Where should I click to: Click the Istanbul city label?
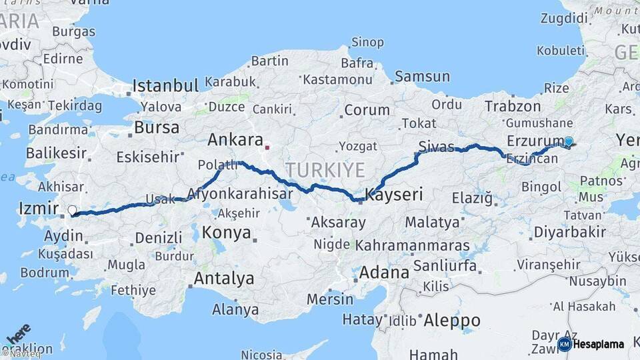pyautogui.click(x=165, y=85)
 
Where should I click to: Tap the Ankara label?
pyautogui.click(x=235, y=139)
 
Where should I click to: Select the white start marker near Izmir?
pyautogui.click(x=72, y=211)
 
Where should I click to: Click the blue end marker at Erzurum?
pyautogui.click(x=569, y=141)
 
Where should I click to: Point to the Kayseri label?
pyautogui.click(x=395, y=195)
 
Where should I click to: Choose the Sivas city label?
pyautogui.click(x=437, y=146)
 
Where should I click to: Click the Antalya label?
pyautogui.click(x=223, y=278)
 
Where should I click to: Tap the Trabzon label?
pyautogui.click(x=513, y=105)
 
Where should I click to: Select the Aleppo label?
pyautogui.click(x=452, y=319)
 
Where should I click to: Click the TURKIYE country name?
pyautogui.click(x=325, y=169)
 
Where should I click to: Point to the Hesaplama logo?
pyautogui.click(x=591, y=344)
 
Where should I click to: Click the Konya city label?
pyautogui.click(x=227, y=233)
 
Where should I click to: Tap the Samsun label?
pyautogui.click(x=422, y=77)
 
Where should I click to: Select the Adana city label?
pyautogui.click(x=384, y=273)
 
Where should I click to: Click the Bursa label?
pyautogui.click(x=157, y=127)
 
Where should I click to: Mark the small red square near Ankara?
pyautogui.click(x=267, y=147)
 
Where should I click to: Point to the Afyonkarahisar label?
pyautogui.click(x=241, y=194)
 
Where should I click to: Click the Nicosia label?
pyautogui.click(x=262, y=354)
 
